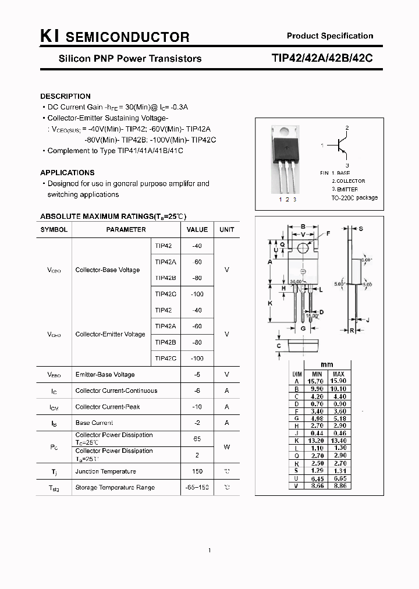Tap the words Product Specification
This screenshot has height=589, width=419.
330,36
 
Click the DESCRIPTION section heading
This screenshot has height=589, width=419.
65,96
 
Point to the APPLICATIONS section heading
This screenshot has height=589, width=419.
67,172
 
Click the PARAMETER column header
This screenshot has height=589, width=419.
126,229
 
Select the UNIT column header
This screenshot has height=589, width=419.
227,229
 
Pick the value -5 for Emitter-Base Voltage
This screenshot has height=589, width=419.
197,374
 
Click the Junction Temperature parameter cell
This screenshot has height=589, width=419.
105,471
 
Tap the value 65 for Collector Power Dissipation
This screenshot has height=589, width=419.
197,438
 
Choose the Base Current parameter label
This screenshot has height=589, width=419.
94,423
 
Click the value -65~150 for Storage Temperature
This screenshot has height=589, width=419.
197,487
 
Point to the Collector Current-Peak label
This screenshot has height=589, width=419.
108,407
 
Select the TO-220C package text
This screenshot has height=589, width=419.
354,197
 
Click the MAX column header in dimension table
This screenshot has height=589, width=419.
339,374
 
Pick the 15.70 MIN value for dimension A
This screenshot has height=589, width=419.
317,381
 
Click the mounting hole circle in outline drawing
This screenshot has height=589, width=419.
303,249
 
